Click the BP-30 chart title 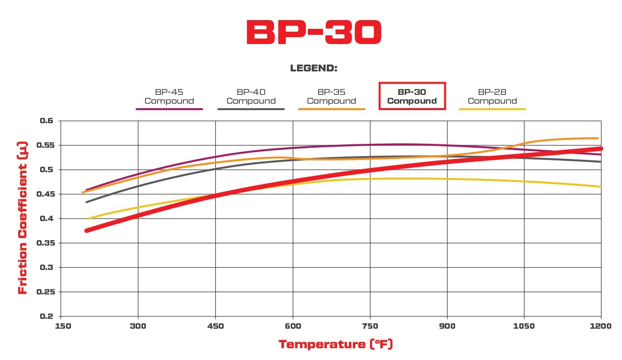[313, 33]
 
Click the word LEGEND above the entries [314, 68]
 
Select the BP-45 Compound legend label [169, 96]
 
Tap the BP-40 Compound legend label [251, 96]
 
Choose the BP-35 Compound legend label [331, 96]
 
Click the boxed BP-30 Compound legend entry [412, 96]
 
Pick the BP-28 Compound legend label [492, 96]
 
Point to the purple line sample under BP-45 [169, 109]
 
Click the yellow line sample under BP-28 [492, 109]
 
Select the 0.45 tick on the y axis [47, 194]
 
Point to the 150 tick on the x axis [61, 326]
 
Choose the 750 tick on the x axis [370, 326]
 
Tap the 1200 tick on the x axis [601, 326]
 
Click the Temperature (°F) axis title [336, 344]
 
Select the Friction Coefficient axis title [23, 219]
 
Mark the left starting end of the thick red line [87, 230]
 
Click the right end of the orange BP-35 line [598, 138]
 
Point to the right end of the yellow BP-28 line [600, 186]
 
